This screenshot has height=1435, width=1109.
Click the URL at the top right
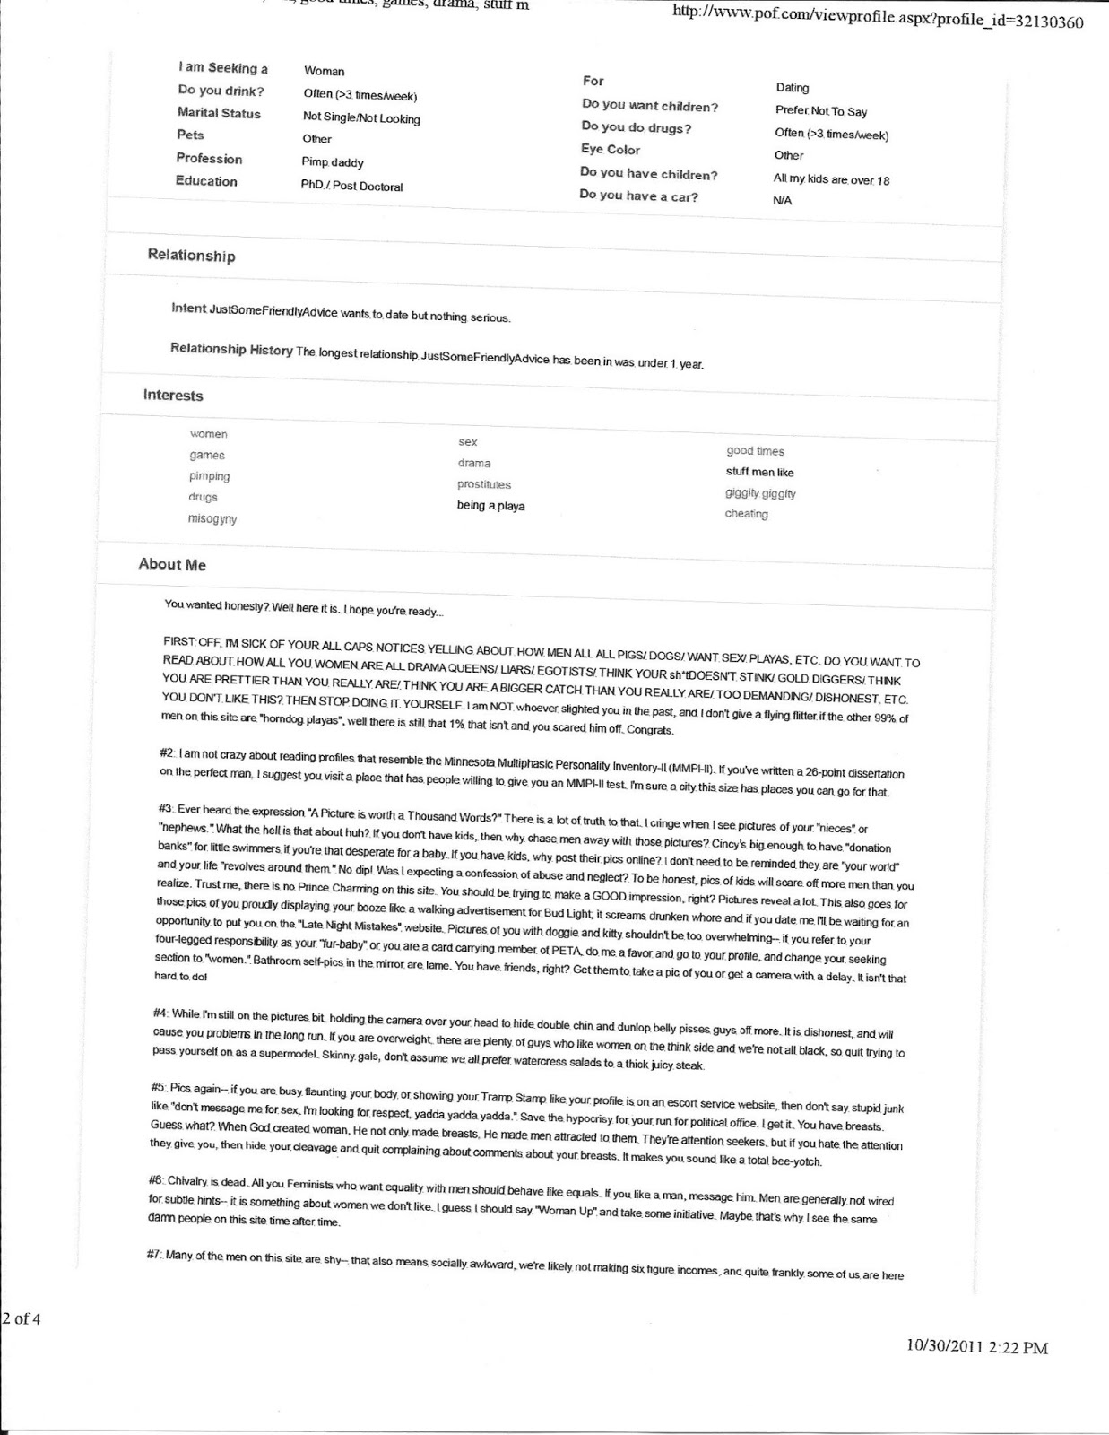[x=877, y=21]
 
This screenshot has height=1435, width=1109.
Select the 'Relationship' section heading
[x=191, y=256]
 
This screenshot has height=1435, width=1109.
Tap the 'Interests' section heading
[x=173, y=396]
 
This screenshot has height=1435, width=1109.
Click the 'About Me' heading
[x=172, y=564]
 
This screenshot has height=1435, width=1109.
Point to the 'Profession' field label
[x=209, y=159]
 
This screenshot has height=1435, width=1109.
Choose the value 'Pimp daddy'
[x=332, y=162]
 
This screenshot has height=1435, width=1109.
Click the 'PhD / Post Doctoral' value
[x=351, y=187]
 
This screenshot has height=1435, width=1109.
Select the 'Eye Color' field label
[x=611, y=150]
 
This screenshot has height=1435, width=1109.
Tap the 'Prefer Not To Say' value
[x=820, y=111]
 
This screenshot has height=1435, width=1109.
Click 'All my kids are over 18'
[x=831, y=179]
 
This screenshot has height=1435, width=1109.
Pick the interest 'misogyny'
[x=212, y=519]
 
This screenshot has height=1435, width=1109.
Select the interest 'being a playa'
[x=490, y=506]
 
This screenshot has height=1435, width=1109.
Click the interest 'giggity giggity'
[x=760, y=493]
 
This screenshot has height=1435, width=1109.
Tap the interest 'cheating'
[x=746, y=514]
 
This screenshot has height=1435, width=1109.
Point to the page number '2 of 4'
[x=22, y=1318]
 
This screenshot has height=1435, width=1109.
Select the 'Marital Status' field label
[x=219, y=113]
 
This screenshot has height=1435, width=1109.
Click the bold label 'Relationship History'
[x=231, y=349]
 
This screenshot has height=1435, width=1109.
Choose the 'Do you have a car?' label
[x=638, y=196]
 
